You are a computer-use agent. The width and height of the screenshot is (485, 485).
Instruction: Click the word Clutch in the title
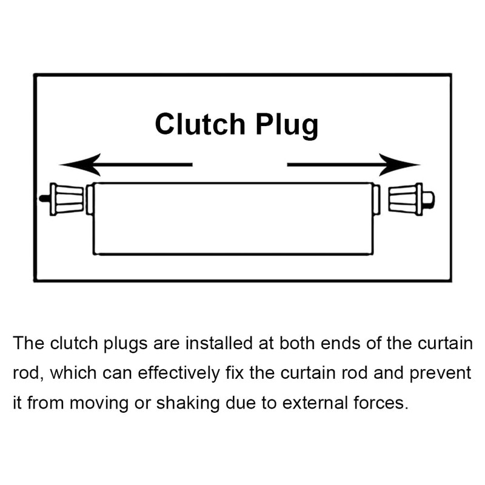pyautogui.click(x=199, y=124)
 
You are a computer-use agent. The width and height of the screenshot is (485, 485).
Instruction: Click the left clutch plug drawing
pyautogui.click(x=67, y=199)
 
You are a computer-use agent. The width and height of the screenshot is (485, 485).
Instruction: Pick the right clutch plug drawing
pyautogui.click(x=405, y=198)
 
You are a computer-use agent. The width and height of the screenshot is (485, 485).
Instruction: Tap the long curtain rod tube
pyautogui.click(x=233, y=218)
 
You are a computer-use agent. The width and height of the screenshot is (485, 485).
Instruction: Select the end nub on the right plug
pyautogui.click(x=428, y=198)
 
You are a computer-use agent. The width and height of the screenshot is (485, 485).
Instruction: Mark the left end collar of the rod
pyautogui.click(x=90, y=199)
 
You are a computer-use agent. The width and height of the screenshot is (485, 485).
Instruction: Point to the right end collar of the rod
pyautogui.click(x=376, y=199)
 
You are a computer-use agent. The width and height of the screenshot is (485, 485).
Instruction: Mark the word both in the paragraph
pyautogui.click(x=296, y=344)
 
